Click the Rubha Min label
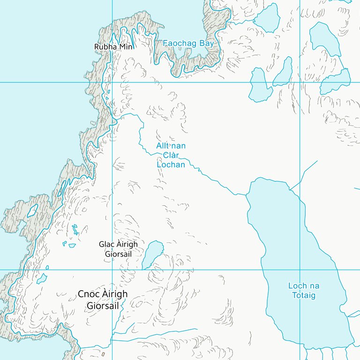(113, 47)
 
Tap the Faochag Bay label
(188, 44)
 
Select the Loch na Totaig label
(303, 291)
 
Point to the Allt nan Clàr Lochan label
(171, 155)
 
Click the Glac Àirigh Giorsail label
(118, 249)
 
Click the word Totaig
(303, 296)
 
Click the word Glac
(106, 244)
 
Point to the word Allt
(163, 146)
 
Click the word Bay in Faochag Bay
(206, 44)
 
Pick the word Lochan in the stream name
(171, 165)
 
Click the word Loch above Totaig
(298, 286)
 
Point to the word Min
(125, 47)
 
